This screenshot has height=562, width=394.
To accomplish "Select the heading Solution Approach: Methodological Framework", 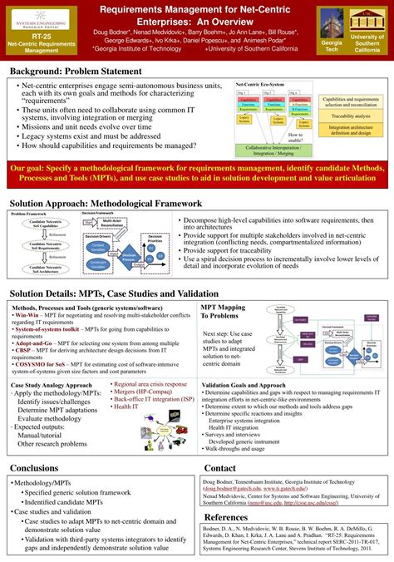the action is [105, 203].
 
